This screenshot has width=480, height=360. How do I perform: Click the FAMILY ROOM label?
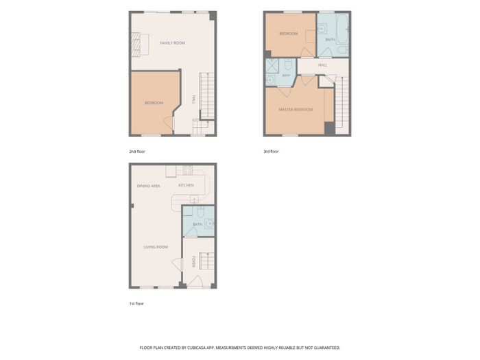click(172, 43)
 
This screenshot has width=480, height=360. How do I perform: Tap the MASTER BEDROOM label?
click(296, 109)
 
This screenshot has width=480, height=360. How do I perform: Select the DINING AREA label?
click(149, 186)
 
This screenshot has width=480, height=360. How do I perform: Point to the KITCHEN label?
click(186, 185)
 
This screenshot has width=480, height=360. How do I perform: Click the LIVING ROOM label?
click(156, 247)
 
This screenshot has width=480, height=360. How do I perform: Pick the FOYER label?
click(193, 262)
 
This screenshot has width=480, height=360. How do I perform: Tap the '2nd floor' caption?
click(137, 152)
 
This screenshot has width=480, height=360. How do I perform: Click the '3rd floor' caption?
click(272, 152)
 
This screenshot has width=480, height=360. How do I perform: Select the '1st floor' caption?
click(136, 303)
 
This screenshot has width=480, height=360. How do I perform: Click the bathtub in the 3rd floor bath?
click(343, 29)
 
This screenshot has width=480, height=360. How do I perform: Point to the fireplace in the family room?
click(136, 45)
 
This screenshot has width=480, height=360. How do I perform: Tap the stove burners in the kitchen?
click(188, 170)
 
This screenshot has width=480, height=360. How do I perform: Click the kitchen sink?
click(194, 200)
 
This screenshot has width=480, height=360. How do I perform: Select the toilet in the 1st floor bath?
click(200, 211)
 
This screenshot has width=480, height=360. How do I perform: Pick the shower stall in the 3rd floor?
click(272, 66)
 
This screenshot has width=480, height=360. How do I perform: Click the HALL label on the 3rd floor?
click(323, 65)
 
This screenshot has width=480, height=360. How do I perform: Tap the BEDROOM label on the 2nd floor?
click(154, 103)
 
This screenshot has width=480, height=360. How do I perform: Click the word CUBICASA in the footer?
click(196, 348)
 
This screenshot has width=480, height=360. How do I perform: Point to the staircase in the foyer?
click(206, 261)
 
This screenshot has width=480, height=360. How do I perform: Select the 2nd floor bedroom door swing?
click(168, 123)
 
